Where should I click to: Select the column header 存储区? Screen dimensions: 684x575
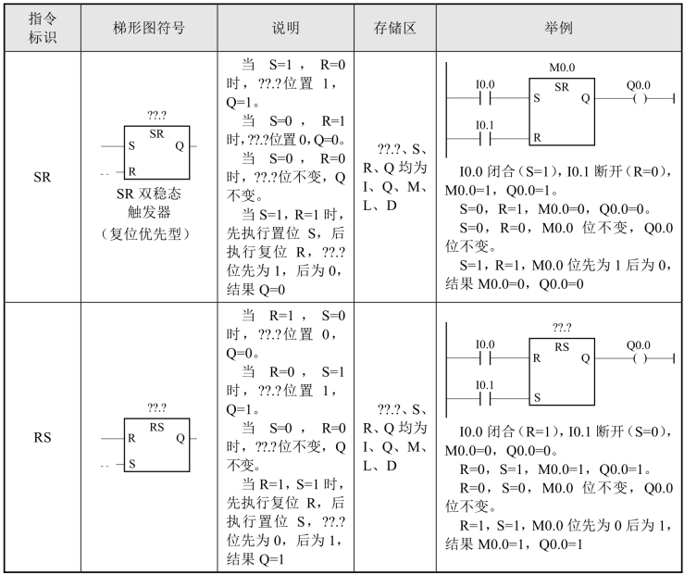tap(393, 28)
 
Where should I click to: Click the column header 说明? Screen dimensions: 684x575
tap(287, 28)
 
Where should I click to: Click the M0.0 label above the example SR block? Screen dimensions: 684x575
tap(562, 68)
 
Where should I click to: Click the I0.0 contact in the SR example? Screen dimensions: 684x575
tap(485, 96)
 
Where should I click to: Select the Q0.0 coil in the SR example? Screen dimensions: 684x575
tap(638, 96)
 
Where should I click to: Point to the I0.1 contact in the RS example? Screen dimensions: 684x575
tap(485, 396)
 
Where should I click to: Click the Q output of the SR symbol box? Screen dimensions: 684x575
tap(179, 146)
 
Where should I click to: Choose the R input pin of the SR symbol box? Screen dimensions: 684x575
tap(131, 171)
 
